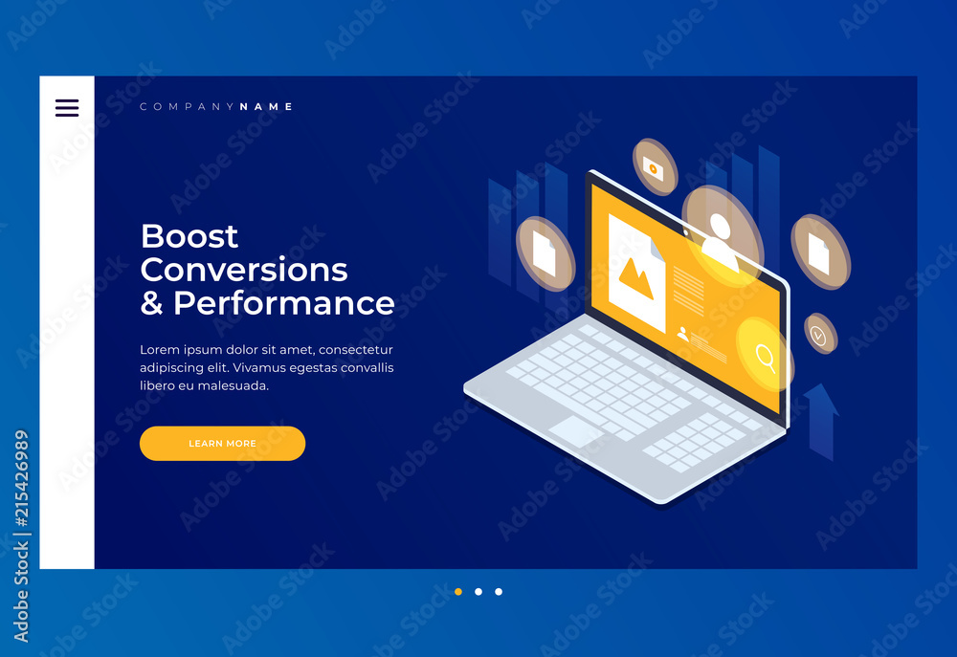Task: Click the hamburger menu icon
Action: [x=67, y=108]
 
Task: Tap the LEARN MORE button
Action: [x=222, y=444]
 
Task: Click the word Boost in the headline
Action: [x=189, y=236]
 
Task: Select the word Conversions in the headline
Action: [x=244, y=270]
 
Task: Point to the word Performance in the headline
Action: [x=284, y=303]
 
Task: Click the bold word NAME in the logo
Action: [x=266, y=107]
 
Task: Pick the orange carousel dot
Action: [x=458, y=592]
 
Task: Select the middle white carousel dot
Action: [x=478, y=592]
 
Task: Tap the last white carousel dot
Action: [x=499, y=592]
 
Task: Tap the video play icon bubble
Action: [x=655, y=167]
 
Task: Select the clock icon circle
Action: [x=820, y=333]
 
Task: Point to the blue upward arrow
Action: [x=821, y=422]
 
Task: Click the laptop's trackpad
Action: [x=575, y=430]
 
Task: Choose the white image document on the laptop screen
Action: [x=636, y=273]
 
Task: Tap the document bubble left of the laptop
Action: [x=545, y=253]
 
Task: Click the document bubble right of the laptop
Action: [x=821, y=252]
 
